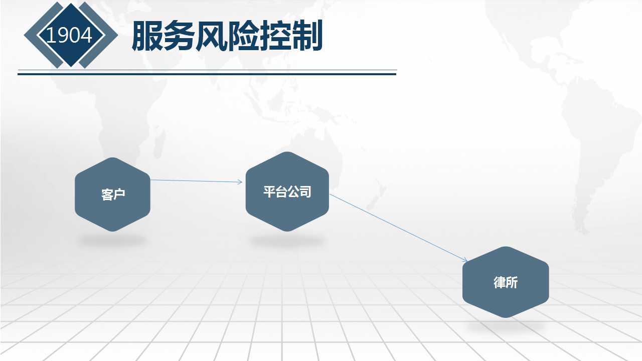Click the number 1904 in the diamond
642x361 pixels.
(x=69, y=35)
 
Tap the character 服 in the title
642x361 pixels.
(x=147, y=36)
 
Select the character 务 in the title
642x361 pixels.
(x=180, y=36)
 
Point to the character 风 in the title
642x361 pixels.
(x=212, y=36)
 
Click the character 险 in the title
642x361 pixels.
(x=243, y=36)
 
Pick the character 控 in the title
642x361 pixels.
(x=275, y=36)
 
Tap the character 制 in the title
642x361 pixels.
(x=307, y=36)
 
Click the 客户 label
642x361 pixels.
(x=113, y=195)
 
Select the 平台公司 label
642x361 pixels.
(x=287, y=192)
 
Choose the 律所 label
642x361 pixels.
(x=506, y=282)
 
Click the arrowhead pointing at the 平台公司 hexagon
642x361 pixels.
(x=240, y=182)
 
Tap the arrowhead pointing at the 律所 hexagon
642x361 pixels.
(x=465, y=260)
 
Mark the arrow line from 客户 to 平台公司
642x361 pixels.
(x=196, y=181)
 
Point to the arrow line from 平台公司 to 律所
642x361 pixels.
(x=398, y=228)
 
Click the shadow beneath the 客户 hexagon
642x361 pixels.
(x=113, y=240)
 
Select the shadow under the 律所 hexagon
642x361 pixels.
(x=506, y=326)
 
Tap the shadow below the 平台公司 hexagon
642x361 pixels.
(x=287, y=240)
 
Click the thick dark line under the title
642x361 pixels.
(x=207, y=74)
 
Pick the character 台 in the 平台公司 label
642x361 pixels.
(x=281, y=192)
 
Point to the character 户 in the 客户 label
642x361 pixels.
(x=119, y=195)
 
